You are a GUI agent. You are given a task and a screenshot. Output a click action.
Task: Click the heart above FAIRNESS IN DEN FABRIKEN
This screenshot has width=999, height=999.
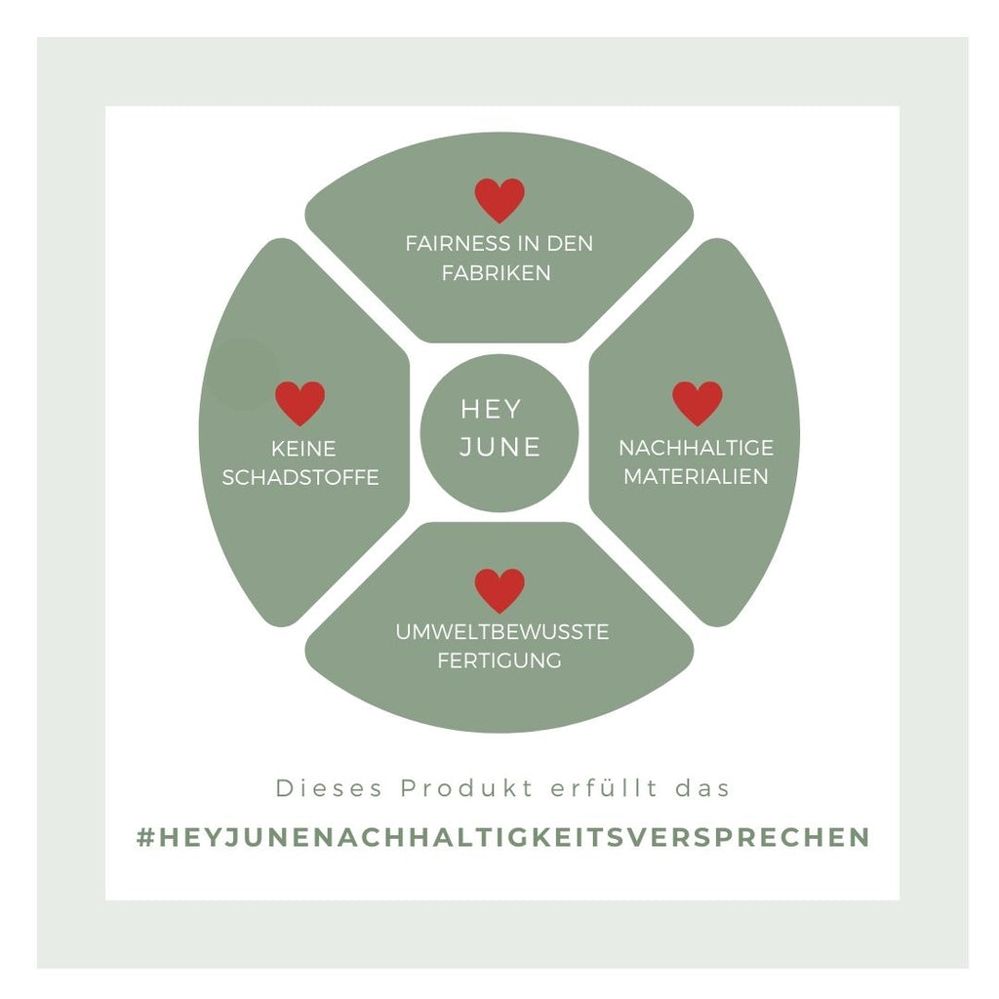(x=499, y=199)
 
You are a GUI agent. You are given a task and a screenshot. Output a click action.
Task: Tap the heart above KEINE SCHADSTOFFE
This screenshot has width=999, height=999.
(x=300, y=402)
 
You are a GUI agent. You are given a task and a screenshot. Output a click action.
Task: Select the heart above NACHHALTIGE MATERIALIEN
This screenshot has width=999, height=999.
(x=698, y=402)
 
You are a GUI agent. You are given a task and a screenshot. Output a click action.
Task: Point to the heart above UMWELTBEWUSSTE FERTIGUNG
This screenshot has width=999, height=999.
(x=499, y=590)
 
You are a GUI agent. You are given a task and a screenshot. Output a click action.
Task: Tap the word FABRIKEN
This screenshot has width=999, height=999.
(x=496, y=272)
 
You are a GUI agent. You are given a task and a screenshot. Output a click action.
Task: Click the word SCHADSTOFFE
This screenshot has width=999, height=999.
(x=300, y=478)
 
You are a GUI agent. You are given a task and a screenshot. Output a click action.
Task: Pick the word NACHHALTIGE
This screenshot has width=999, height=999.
(x=696, y=448)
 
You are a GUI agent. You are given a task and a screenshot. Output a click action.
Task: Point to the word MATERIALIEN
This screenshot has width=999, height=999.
(x=696, y=477)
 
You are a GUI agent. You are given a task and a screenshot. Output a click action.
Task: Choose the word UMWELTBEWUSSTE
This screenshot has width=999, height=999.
(x=501, y=632)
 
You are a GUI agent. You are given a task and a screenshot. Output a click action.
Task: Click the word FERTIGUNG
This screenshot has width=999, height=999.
(x=499, y=660)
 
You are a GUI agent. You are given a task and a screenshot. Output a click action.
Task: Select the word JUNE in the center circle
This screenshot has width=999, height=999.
(x=499, y=447)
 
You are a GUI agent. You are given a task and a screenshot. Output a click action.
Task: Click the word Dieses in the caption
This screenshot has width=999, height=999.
(x=317, y=788)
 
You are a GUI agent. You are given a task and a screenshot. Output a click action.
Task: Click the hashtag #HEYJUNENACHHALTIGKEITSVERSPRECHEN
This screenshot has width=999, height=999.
(x=502, y=838)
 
